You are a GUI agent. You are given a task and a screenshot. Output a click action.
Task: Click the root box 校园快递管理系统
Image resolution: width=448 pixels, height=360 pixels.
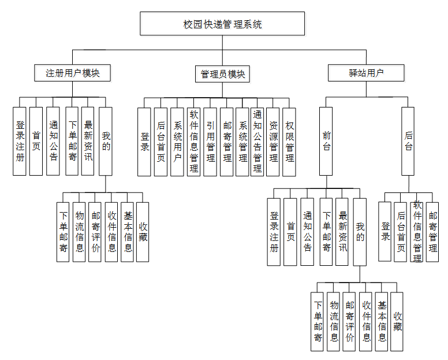tap(222, 24)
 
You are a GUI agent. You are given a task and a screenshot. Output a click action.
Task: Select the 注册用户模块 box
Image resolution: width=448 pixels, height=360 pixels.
tap(73, 73)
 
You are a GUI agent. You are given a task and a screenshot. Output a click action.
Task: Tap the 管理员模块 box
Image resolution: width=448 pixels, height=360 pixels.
tap(222, 74)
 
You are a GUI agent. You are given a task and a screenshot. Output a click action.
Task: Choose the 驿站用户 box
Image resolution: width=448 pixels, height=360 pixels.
tap(366, 73)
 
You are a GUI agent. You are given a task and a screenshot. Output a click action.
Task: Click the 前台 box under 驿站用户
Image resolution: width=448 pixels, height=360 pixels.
tap(326, 141)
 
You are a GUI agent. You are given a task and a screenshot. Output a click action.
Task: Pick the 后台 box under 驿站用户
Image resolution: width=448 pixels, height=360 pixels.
tap(408, 141)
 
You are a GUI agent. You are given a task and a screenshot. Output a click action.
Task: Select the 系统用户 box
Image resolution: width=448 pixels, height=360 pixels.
tap(178, 142)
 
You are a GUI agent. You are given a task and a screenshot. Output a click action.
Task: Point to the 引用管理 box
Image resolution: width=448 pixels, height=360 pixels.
tap(210, 142)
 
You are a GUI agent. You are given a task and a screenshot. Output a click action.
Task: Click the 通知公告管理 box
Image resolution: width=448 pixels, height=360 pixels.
tap(257, 142)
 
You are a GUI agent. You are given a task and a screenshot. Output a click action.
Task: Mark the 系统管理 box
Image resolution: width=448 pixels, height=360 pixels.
tap(242, 142)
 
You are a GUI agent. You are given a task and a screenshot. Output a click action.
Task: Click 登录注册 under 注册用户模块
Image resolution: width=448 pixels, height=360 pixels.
tap(20, 141)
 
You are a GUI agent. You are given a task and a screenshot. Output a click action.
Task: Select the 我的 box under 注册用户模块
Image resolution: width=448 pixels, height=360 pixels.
tap(106, 141)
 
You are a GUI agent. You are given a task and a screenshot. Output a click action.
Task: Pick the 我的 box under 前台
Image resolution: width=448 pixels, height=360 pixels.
tap(360, 232)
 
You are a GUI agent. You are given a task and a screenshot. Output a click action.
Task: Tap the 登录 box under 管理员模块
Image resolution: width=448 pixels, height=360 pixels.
tap(145, 142)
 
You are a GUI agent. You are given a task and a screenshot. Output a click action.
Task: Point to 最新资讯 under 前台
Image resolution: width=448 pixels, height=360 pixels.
tap(342, 232)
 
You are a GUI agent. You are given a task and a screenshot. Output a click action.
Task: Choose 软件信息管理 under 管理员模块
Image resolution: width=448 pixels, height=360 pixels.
tap(194, 142)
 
